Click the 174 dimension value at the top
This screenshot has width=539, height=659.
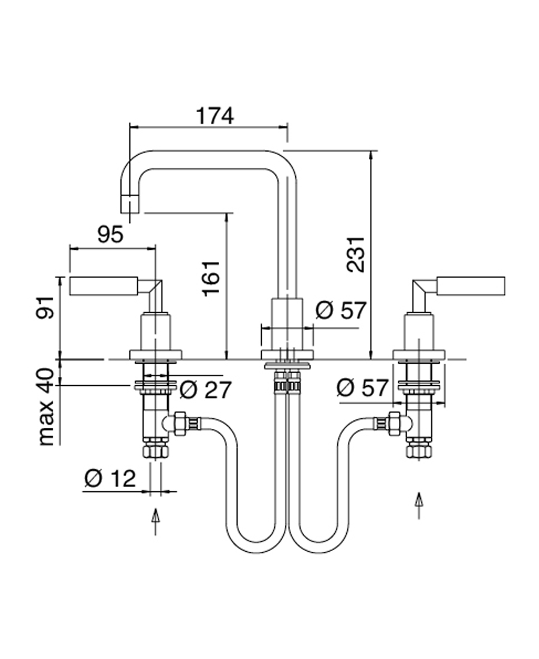(215, 116)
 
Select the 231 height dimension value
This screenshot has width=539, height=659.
(356, 254)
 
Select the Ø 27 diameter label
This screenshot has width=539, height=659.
(205, 391)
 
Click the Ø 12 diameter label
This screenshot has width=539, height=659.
(110, 479)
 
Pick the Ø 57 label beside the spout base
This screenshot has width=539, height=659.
(340, 311)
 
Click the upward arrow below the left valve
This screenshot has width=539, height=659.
(156, 521)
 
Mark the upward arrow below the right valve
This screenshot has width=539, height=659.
(419, 505)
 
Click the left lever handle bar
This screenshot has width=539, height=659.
(105, 286)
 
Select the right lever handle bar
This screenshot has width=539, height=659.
(471, 286)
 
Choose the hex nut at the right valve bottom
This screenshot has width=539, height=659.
(419, 450)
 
